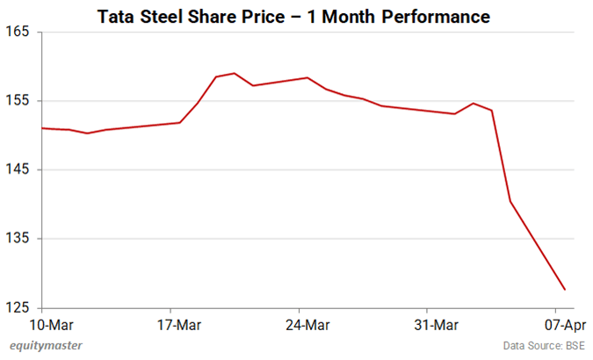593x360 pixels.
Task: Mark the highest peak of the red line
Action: coord(234,73)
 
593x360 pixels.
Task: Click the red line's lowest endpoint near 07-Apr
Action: coord(565,290)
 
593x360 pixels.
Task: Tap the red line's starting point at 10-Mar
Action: coord(42,128)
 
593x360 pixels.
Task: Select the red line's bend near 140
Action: coord(510,202)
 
